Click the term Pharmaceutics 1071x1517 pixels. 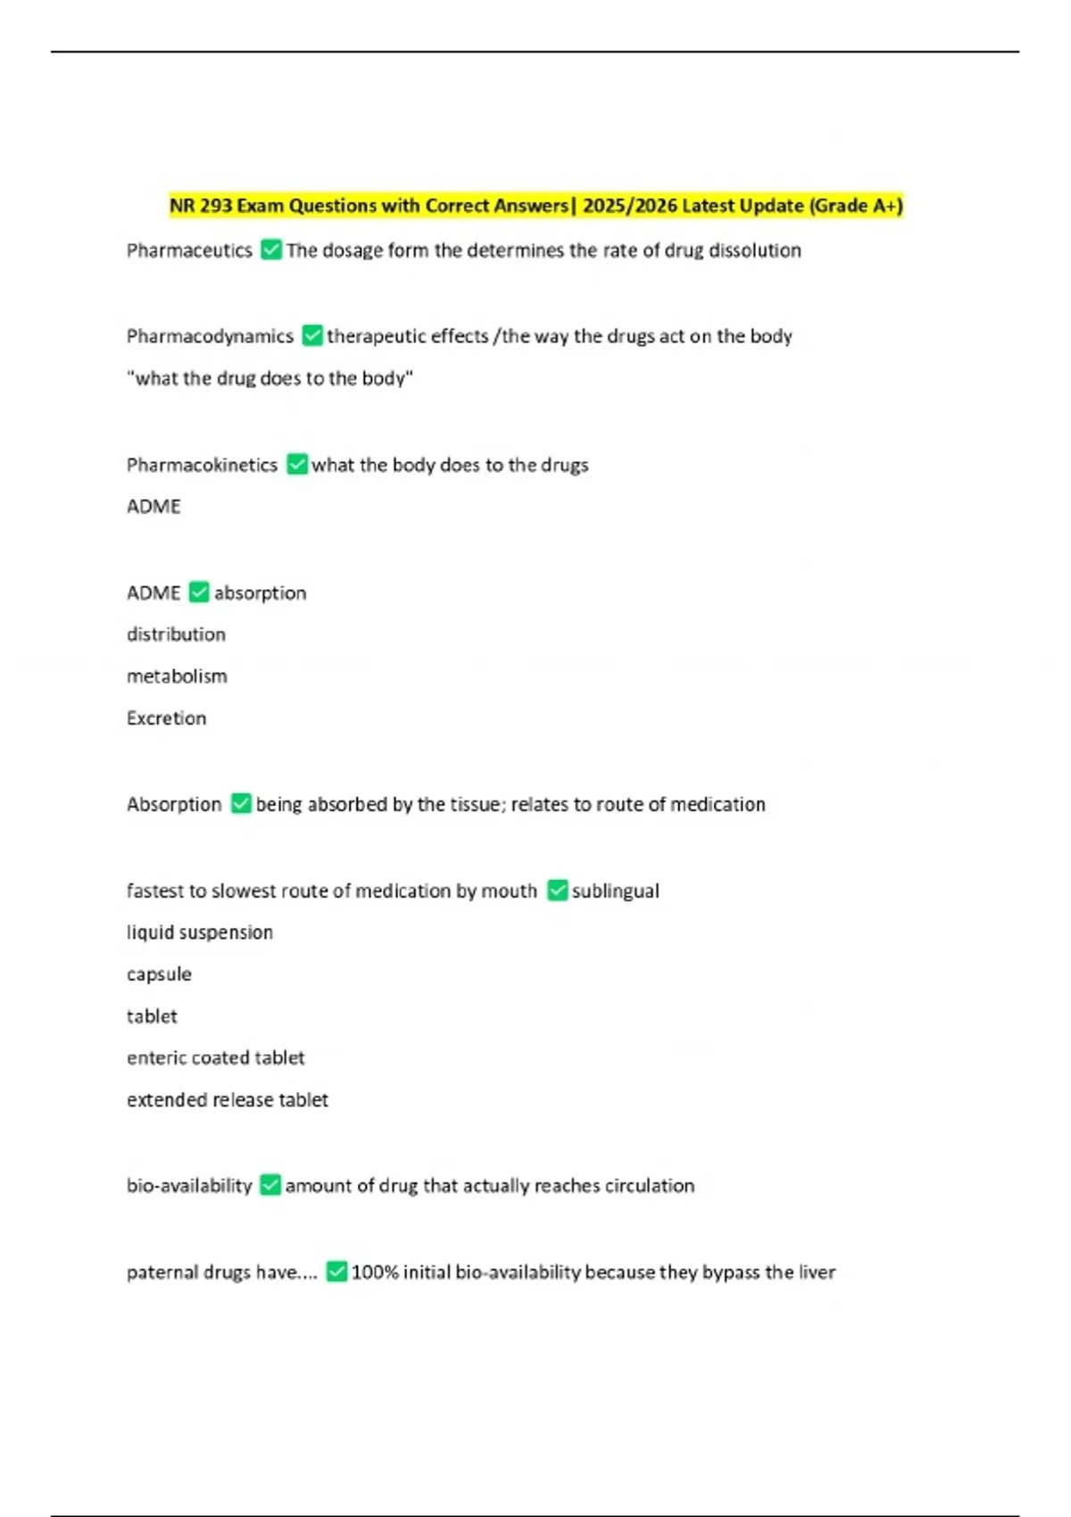click(189, 251)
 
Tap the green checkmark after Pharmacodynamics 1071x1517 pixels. click(312, 336)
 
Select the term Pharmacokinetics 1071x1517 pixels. click(202, 465)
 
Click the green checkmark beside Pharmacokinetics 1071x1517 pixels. click(297, 464)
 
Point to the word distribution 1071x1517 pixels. click(176, 634)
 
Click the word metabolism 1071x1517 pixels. click(177, 676)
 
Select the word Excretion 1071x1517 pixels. click(166, 718)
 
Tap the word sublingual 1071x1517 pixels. click(615, 891)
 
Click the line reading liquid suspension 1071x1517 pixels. click(200, 933)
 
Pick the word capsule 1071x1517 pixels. click(159, 974)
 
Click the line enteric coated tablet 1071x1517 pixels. click(215, 1058)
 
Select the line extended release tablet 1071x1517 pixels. click(228, 1100)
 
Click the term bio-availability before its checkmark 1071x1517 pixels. click(189, 1186)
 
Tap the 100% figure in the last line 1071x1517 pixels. click(374, 1272)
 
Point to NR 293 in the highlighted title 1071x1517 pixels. click(201, 206)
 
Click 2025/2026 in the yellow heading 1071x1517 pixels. click(629, 206)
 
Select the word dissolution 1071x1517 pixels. click(755, 251)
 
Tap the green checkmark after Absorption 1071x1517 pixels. click(241, 804)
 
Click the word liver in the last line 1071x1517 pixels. click(817, 1272)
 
